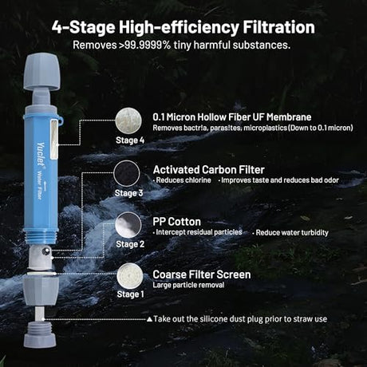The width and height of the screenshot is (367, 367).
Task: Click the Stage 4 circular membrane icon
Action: coord(128,121)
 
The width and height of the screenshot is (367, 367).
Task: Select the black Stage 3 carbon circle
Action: coord(127,173)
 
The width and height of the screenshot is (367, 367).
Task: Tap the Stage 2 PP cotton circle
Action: coord(128,225)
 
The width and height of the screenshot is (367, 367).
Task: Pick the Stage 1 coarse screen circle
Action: coord(130,276)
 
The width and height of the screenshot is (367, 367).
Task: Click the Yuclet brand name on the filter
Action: coord(41,155)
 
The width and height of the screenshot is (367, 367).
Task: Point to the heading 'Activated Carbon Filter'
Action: coord(209,170)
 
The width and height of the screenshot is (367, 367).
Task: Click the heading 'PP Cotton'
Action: coord(176,222)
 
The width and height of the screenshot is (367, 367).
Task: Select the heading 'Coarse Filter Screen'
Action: coord(202,274)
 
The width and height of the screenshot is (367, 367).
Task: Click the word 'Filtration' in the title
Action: coord(278,27)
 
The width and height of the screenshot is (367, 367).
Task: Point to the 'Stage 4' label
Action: coord(130,140)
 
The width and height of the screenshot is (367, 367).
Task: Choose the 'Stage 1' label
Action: coord(130,294)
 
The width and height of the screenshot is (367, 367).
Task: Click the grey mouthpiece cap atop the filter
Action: coord(41,72)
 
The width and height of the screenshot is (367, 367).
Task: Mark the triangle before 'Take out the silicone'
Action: coord(149,319)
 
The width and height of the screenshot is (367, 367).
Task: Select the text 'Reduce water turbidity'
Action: coord(292,233)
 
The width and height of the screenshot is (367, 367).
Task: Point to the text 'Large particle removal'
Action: coord(188,285)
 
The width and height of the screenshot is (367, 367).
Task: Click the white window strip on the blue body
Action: coord(54,140)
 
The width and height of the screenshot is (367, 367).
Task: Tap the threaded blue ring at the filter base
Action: coord(41,236)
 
